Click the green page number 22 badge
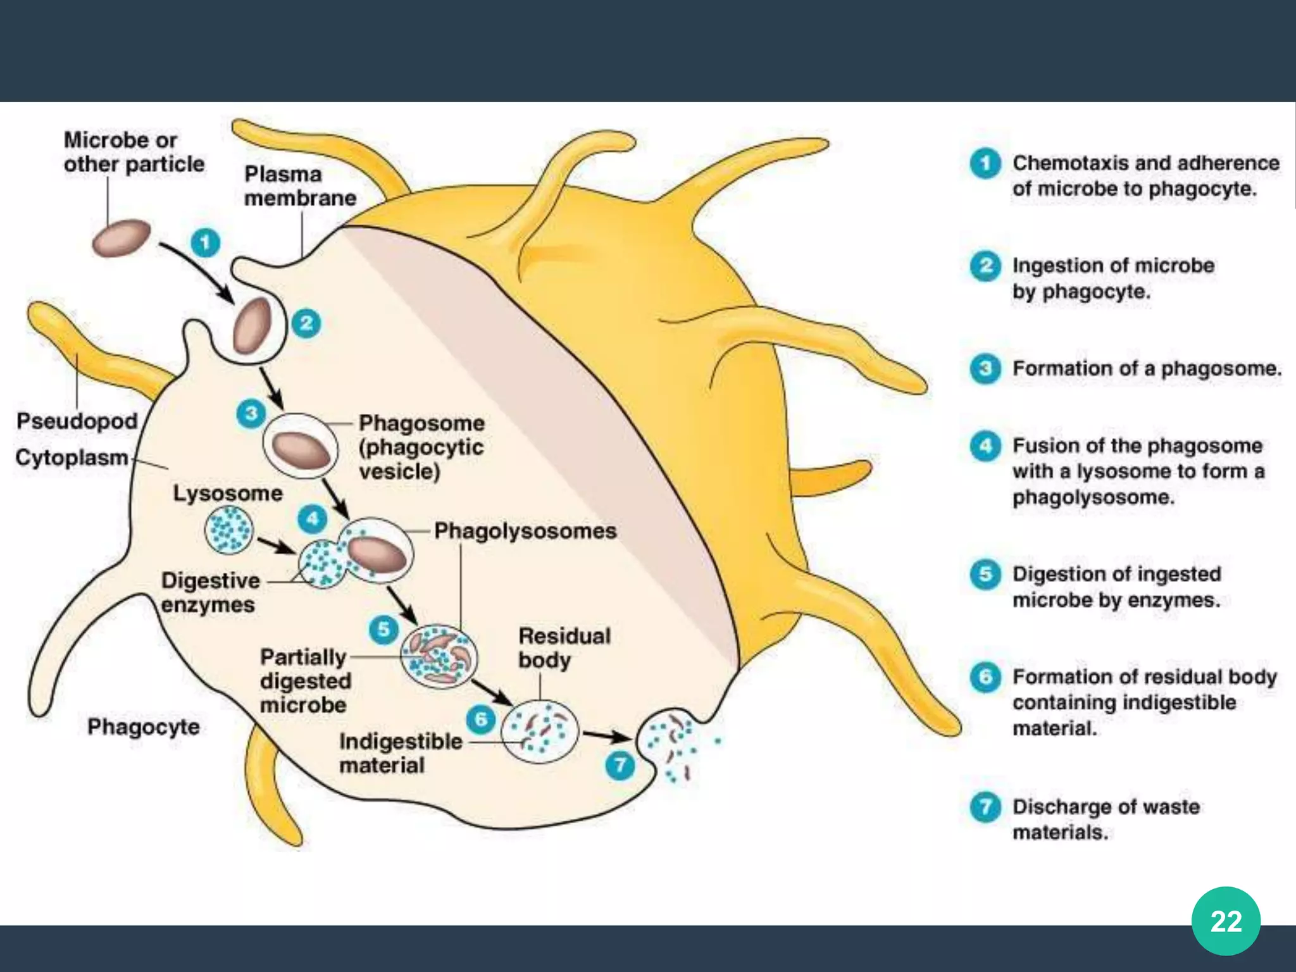(x=1226, y=921)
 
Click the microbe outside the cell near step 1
(x=121, y=237)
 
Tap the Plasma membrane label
(x=300, y=186)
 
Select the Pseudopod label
(x=77, y=421)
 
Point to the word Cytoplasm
(x=72, y=457)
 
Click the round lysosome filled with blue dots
(x=228, y=530)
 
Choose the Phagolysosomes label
(x=525, y=530)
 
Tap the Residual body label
(x=564, y=647)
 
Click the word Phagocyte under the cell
(x=143, y=726)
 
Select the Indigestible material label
(x=400, y=753)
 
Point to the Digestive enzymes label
(x=209, y=592)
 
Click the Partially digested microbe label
(x=304, y=681)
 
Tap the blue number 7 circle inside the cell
(x=620, y=766)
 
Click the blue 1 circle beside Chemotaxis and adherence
(x=985, y=164)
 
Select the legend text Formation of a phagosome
(x=1146, y=368)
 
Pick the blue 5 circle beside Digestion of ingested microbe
(x=985, y=574)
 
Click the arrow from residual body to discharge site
(x=606, y=736)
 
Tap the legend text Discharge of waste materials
(x=1106, y=819)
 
